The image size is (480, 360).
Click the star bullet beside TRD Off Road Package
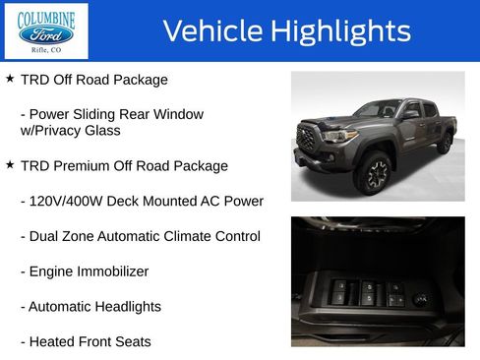tap(10, 78)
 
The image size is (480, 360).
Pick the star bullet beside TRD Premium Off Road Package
tap(10, 164)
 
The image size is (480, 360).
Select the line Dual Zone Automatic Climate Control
tap(140, 236)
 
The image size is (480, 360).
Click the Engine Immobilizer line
tap(85, 271)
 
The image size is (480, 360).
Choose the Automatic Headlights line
tap(90, 307)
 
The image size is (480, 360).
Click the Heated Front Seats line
tap(86, 342)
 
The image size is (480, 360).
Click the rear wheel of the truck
tap(445, 144)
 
